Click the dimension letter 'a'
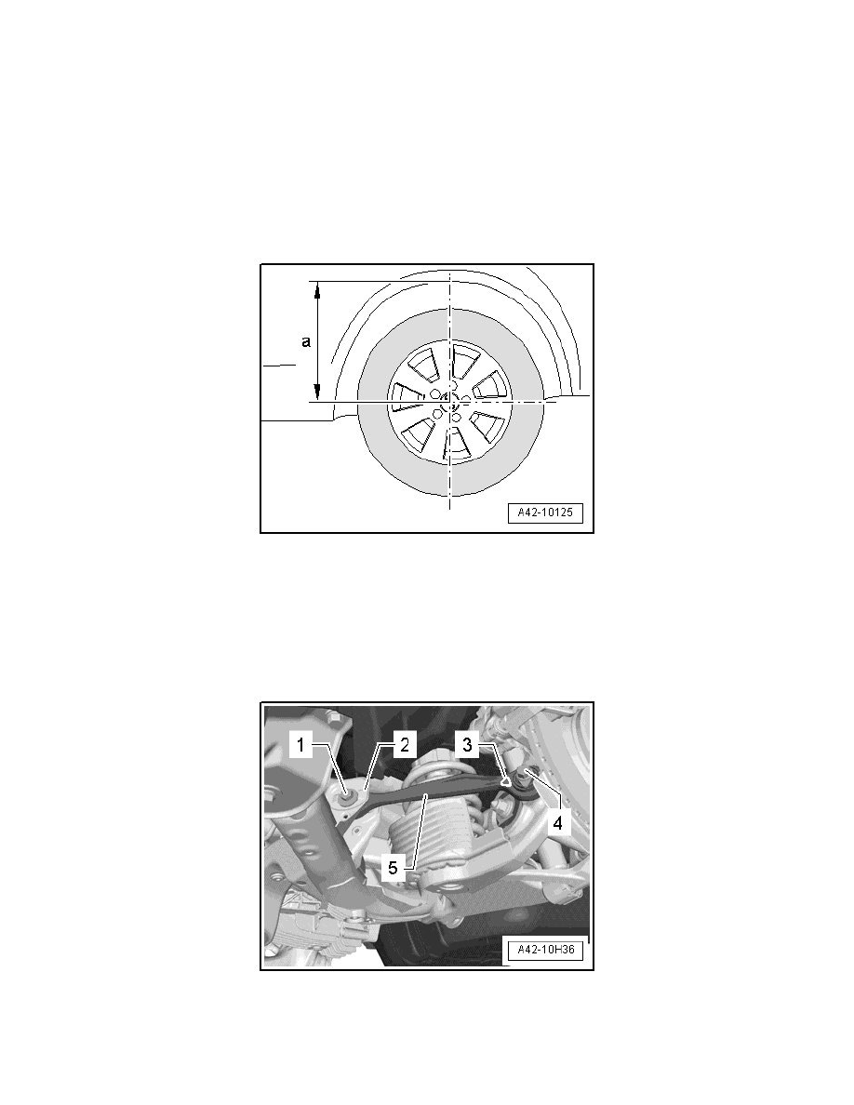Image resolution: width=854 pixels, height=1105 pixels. coord(306,342)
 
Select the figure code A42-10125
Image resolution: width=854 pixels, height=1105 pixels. coord(544,513)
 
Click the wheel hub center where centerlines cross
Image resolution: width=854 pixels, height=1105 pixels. coord(450,402)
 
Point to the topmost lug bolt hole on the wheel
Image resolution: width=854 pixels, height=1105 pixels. coord(450,384)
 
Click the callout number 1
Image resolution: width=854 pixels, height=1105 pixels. coord(300,744)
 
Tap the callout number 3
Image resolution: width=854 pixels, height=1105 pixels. coord(468,744)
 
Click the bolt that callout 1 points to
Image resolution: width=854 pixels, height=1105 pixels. coord(346,792)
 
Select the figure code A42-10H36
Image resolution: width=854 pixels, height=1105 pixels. coord(544,951)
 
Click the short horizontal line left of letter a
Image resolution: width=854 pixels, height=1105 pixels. coord(278,366)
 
